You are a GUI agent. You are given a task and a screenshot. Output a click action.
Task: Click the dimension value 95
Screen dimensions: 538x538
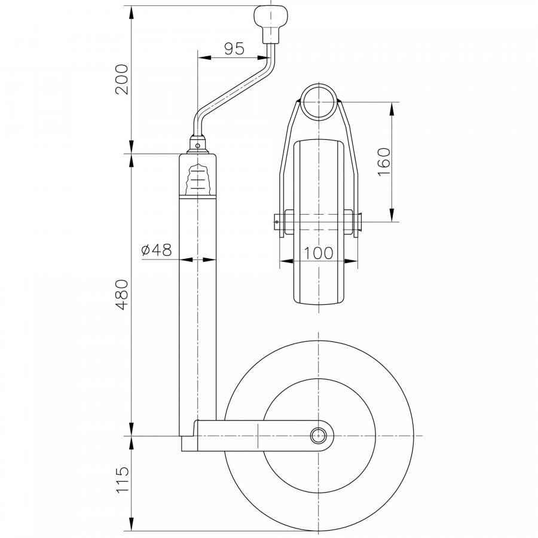(234, 49)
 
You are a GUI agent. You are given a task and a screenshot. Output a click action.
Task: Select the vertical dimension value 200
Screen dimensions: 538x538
(122, 80)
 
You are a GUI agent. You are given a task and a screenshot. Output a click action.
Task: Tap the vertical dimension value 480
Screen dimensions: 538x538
(122, 294)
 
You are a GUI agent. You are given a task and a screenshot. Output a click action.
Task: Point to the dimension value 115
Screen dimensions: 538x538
(122, 479)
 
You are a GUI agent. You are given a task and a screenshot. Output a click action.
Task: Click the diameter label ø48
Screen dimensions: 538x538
(157, 250)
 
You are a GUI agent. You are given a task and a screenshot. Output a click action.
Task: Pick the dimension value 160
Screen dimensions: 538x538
(384, 161)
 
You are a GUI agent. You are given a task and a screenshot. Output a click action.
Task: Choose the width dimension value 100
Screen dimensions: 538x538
(319, 253)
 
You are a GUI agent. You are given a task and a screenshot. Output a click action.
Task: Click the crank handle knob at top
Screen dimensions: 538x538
(271, 23)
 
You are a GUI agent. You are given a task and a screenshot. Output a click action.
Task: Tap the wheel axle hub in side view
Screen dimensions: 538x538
(319, 436)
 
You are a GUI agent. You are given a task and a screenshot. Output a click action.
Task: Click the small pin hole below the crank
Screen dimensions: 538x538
(198, 146)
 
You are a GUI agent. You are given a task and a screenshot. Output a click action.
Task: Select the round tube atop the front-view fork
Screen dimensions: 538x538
(319, 100)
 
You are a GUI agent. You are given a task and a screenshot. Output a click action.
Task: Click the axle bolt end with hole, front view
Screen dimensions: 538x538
(278, 222)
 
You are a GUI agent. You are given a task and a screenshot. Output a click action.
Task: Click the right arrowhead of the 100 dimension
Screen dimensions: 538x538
(351, 261)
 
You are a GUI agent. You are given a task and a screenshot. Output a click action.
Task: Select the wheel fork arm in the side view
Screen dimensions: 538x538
(264, 436)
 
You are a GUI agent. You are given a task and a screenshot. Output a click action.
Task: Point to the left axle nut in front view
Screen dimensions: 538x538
(289, 222)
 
